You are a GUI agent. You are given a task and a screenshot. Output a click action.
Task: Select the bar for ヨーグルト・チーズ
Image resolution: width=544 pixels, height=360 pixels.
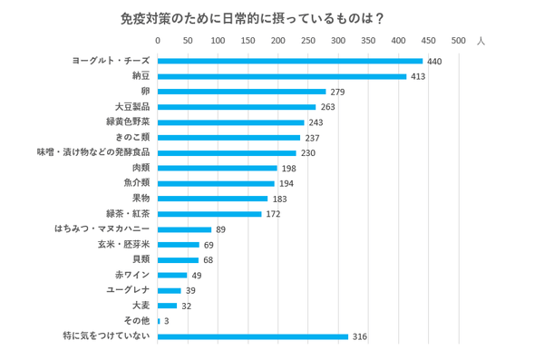pyautogui.click(x=290, y=61)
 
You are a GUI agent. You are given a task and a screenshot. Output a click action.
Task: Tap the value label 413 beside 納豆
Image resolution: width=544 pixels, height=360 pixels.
pyautogui.click(x=418, y=76)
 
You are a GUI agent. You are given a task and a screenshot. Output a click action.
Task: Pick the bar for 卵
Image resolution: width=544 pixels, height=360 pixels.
pyautogui.click(x=241, y=92)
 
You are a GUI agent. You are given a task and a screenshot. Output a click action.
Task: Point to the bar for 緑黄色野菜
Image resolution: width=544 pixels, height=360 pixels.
pyautogui.click(x=230, y=122)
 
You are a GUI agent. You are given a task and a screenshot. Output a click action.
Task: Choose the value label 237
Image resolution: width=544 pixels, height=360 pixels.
pyautogui.click(x=312, y=138)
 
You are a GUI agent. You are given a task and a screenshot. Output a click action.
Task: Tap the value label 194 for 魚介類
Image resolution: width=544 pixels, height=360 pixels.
pyautogui.click(x=286, y=183)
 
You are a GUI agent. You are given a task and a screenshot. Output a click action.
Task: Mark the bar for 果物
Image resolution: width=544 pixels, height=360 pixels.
pyautogui.click(x=212, y=199)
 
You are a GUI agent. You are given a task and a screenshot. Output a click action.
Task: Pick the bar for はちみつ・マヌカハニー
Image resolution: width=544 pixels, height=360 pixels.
pyautogui.click(x=184, y=229)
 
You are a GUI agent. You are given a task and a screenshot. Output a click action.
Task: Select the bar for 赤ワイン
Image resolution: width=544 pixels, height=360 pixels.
pyautogui.click(x=172, y=275)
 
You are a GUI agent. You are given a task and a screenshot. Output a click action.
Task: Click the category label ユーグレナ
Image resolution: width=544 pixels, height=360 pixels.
pyautogui.click(x=128, y=290)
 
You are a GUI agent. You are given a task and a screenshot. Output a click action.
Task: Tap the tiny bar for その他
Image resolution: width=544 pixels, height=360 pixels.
pyautogui.click(x=159, y=321)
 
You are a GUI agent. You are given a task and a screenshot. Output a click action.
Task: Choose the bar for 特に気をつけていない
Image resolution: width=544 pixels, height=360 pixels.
pyautogui.click(x=252, y=336)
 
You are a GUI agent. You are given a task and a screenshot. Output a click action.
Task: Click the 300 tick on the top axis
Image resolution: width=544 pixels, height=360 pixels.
pyautogui.click(x=338, y=41)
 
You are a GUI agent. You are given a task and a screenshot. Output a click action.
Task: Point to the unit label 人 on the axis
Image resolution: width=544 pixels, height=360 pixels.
pyautogui.click(x=481, y=41)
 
